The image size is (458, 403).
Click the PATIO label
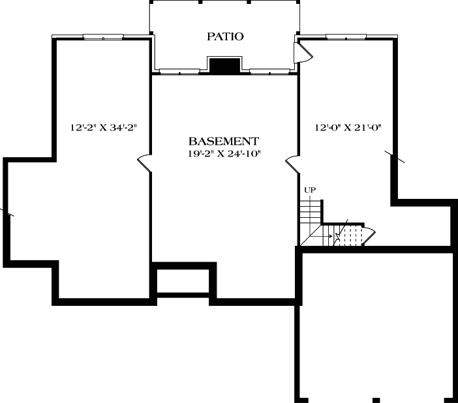tap(225, 37)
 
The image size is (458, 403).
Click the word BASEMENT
tap(224, 141)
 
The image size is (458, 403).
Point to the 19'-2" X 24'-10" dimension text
tap(224, 154)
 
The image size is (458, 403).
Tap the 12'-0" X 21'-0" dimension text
tap(347, 127)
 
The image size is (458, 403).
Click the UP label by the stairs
tap(311, 190)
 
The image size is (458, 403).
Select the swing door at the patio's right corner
tap(304, 52)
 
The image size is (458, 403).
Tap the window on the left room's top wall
tap(102, 37)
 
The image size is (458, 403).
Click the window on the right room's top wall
tap(345, 37)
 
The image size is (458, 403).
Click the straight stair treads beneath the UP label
tap(311, 212)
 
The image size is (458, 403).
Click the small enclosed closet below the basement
tap(183, 281)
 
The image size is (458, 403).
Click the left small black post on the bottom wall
tap(376, 398)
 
